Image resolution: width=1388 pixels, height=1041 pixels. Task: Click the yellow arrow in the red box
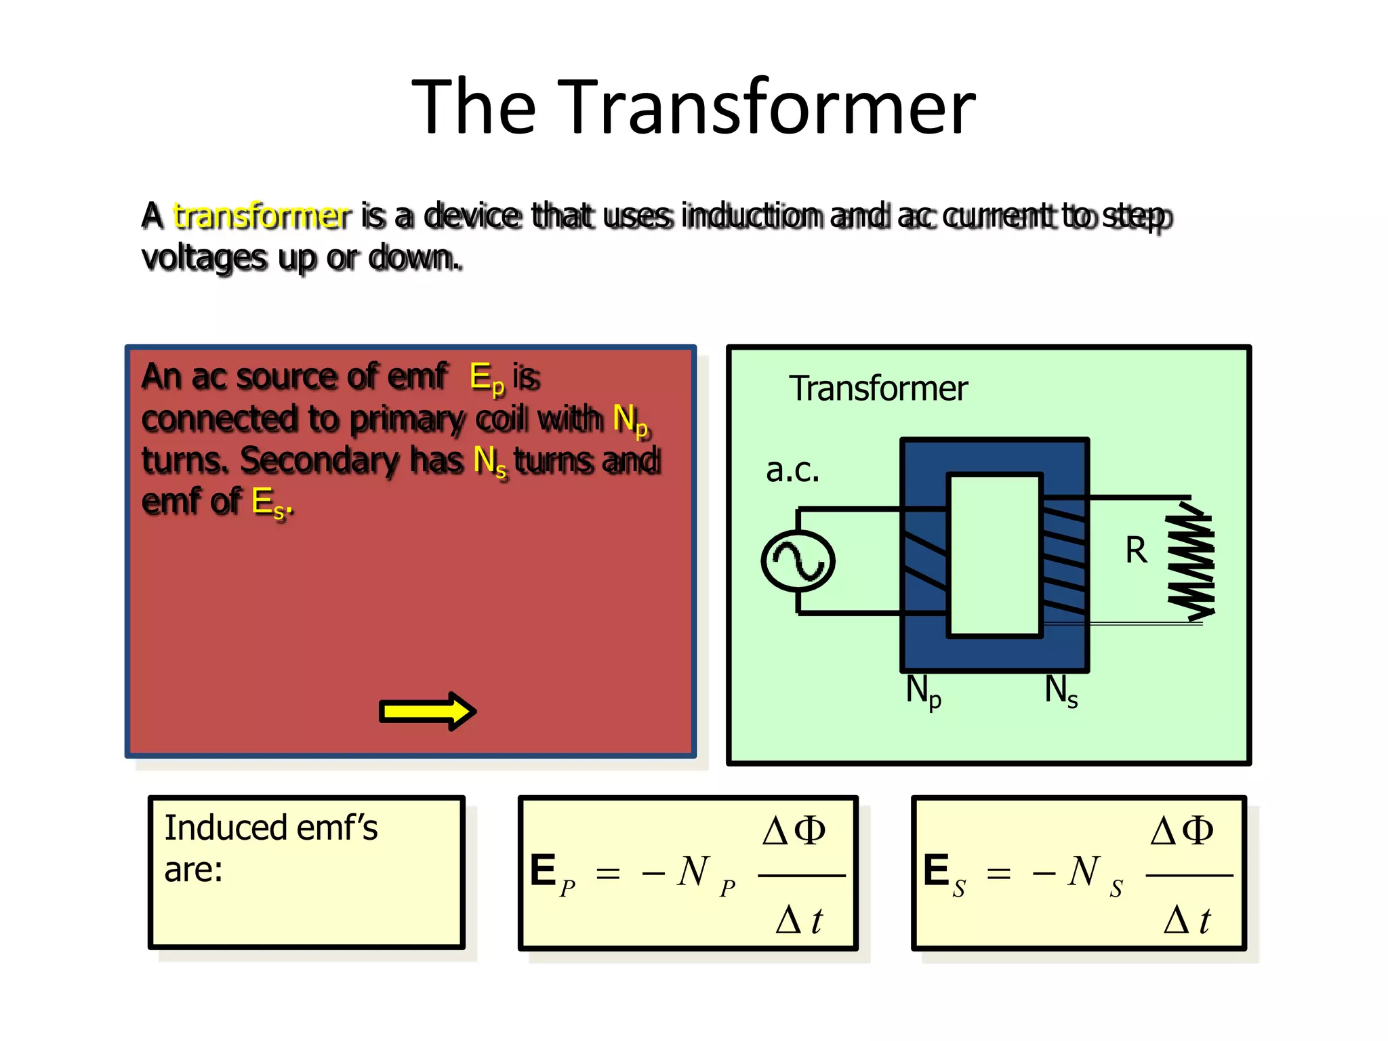pos(428,712)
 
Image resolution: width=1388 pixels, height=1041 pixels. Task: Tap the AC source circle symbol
pos(798,561)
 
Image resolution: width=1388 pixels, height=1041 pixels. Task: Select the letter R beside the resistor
pos(1137,550)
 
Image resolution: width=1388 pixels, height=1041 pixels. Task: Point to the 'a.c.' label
pos(792,470)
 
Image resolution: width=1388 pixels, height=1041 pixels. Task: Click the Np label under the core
pos(923,692)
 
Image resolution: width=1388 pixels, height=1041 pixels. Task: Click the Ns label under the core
pos(1061,691)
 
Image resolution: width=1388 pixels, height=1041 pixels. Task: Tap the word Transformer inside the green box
pos(878,389)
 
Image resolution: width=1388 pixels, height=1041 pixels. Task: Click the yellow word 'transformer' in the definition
pos(262,216)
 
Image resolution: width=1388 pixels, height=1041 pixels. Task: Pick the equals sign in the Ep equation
pos(608,874)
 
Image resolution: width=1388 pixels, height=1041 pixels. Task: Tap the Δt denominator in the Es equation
pos(1187,920)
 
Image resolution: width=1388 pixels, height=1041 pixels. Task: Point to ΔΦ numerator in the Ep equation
pos(794,831)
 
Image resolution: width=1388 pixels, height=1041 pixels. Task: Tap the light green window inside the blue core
pos(994,555)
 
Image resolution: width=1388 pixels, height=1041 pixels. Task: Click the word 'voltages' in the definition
pos(204,258)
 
